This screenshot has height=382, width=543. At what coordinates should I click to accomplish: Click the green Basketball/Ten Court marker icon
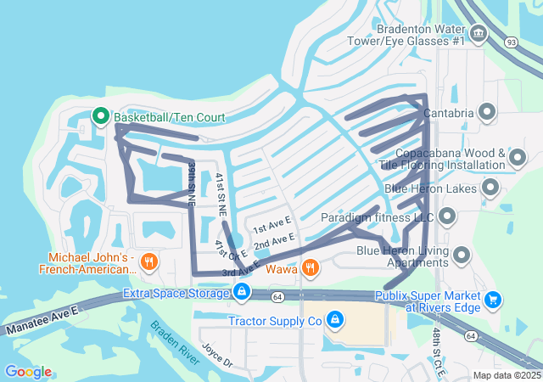click(99, 116)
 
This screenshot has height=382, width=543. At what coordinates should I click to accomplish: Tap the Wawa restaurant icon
click(311, 268)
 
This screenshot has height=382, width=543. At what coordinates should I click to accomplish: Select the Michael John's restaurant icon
click(149, 261)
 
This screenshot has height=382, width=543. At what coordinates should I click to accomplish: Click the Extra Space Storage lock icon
click(242, 293)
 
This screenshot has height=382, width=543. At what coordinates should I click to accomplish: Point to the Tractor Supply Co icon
click(335, 319)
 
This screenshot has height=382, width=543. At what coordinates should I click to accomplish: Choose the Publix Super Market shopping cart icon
click(493, 299)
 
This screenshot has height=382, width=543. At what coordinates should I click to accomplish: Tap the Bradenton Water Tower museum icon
click(479, 34)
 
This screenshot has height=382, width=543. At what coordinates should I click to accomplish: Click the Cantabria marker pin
click(487, 111)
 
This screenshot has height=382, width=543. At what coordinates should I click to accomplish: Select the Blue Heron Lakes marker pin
click(490, 188)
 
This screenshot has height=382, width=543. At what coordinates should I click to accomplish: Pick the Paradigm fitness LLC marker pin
click(448, 217)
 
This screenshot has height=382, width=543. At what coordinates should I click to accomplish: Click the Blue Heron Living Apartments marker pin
click(462, 255)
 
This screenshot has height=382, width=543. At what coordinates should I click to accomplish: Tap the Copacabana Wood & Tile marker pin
click(518, 157)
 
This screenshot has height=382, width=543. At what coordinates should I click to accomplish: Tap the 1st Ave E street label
click(271, 225)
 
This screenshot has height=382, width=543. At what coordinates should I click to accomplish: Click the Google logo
click(27, 371)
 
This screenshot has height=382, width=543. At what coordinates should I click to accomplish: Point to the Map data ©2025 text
click(507, 375)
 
